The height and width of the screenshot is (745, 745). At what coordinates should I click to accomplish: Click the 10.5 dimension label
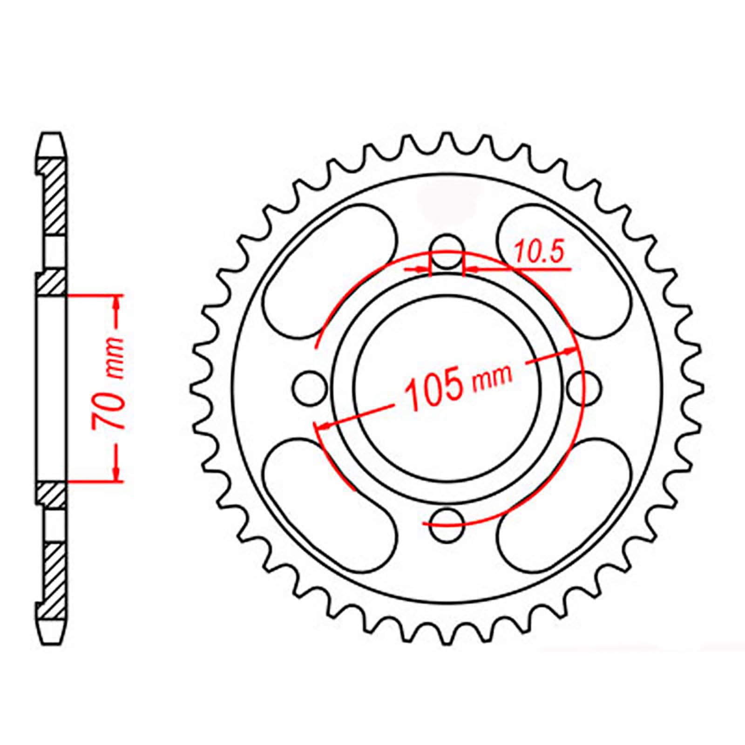[x=539, y=254]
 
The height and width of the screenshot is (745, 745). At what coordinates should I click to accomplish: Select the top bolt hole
[x=447, y=252]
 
